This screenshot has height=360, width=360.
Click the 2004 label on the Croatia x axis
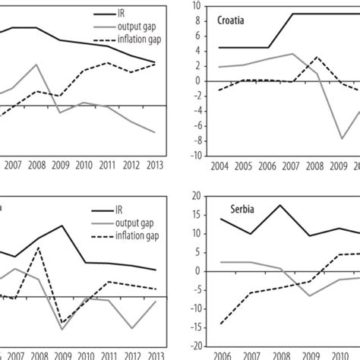coord(219,166)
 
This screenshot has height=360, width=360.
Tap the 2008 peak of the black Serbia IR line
coord(282,205)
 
